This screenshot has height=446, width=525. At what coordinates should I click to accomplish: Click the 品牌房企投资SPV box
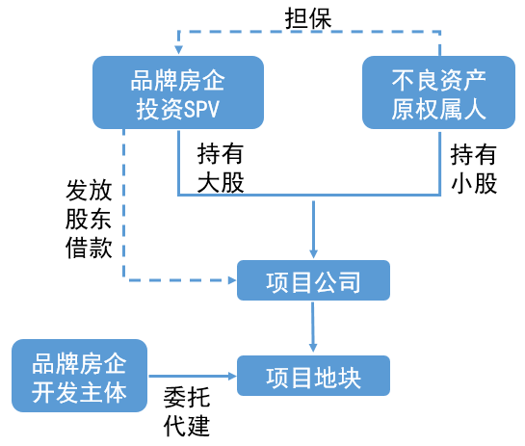pos(178,92)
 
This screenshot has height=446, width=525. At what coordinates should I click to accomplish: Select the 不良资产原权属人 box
pos(438,92)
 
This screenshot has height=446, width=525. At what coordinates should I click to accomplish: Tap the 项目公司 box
pos(313,280)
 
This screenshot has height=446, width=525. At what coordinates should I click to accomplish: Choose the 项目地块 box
pos(313,376)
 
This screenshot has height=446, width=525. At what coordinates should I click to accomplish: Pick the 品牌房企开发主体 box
pos(79,376)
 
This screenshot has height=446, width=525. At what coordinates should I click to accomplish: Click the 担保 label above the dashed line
pos(308,17)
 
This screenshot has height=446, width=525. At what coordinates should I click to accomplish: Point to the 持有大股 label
pos(221,168)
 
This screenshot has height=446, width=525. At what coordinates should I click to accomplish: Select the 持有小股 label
pos(473,169)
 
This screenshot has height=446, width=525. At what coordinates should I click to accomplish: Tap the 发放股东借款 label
pos(89,220)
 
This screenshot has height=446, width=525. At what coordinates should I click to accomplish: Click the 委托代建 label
pos(187,411)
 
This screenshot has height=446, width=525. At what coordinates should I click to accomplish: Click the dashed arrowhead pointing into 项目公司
pos(232,280)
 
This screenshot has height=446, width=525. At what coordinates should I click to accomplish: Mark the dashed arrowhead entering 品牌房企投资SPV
pos(179,50)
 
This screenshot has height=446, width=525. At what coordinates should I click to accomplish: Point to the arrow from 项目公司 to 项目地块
pos(313,327)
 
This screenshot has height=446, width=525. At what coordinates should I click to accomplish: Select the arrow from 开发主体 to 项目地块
pos(193,376)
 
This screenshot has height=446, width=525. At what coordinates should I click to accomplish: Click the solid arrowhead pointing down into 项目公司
pos(313,253)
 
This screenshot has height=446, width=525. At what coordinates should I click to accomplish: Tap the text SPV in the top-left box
pos(201,110)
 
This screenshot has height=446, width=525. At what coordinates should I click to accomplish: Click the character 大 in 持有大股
pos(209,183)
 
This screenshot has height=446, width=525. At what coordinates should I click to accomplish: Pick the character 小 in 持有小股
pos(462,183)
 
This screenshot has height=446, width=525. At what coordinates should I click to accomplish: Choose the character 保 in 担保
pos(321,18)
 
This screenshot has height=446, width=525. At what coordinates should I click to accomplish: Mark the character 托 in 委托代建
pos(198,397)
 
